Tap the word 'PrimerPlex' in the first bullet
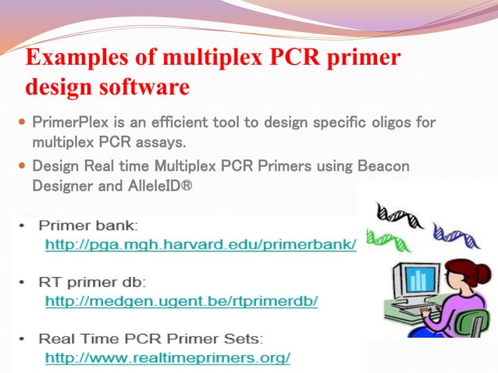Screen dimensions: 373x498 click(68, 123)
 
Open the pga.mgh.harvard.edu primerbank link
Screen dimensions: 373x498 click(201, 245)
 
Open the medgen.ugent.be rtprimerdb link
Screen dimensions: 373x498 click(181, 300)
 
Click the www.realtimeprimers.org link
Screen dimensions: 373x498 click(168, 358)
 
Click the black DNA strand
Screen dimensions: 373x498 click(398, 212)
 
